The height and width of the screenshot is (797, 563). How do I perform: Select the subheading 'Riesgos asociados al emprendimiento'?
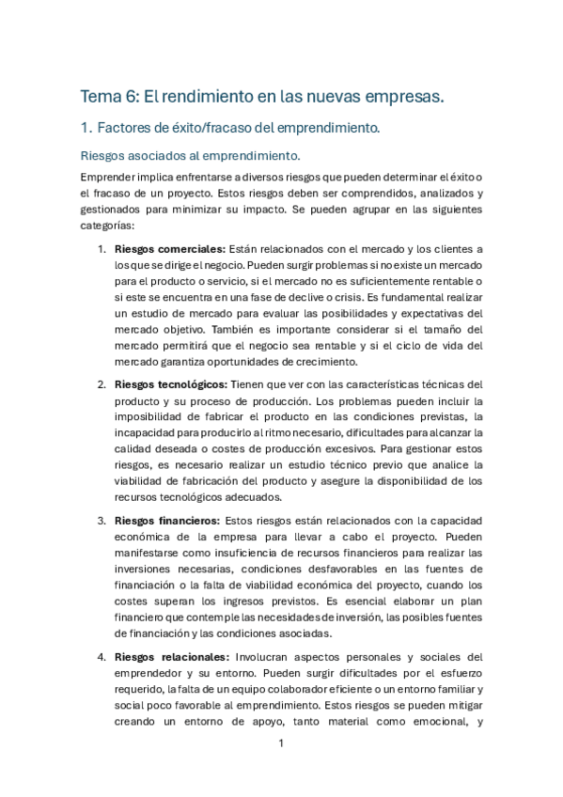click(x=191, y=155)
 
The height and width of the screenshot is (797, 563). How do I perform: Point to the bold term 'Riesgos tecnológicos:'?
click(x=172, y=384)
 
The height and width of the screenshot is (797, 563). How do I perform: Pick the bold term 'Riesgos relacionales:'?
click(x=170, y=656)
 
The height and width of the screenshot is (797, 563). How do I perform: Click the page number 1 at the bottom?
click(x=281, y=743)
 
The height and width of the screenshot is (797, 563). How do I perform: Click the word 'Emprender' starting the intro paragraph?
click(x=107, y=178)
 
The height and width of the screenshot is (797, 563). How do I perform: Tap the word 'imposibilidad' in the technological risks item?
click(x=149, y=417)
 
